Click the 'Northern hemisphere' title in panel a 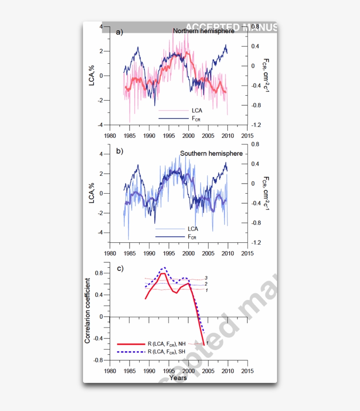click(x=204, y=31)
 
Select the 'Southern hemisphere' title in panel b click(x=211, y=154)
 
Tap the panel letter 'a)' click(x=119, y=32)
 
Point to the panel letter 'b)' click(x=119, y=151)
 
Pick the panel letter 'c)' click(x=119, y=268)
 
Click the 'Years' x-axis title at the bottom click(x=178, y=378)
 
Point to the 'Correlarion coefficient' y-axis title click(x=87, y=310)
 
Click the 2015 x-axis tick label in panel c click(x=247, y=370)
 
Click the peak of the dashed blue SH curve click(x=164, y=267)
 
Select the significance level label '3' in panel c click(x=206, y=278)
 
